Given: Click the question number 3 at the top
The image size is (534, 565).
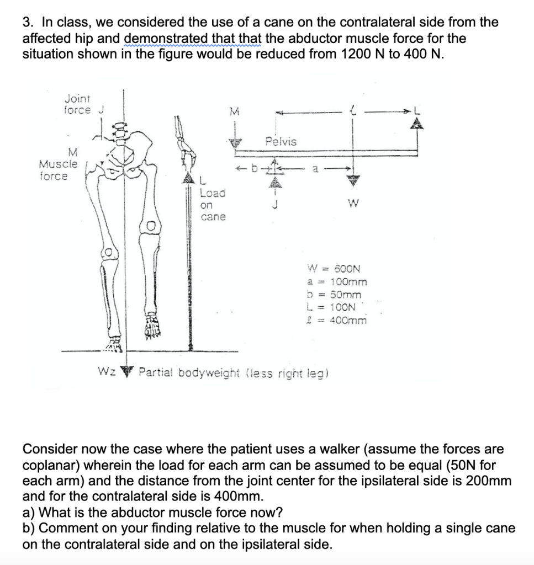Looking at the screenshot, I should coord(26,23).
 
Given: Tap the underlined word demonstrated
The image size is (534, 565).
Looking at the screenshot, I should coord(160,39).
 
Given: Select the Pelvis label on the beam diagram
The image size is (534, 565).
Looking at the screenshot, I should coord(281,142).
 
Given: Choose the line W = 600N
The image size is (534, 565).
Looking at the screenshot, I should coord(334,270).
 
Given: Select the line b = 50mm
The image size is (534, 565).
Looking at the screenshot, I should coord(334,295).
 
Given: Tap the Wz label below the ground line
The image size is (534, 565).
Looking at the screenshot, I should coord(105,372).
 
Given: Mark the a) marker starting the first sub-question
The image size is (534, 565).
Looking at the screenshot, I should coord(30,512).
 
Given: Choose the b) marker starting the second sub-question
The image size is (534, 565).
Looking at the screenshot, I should coord(30,528).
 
